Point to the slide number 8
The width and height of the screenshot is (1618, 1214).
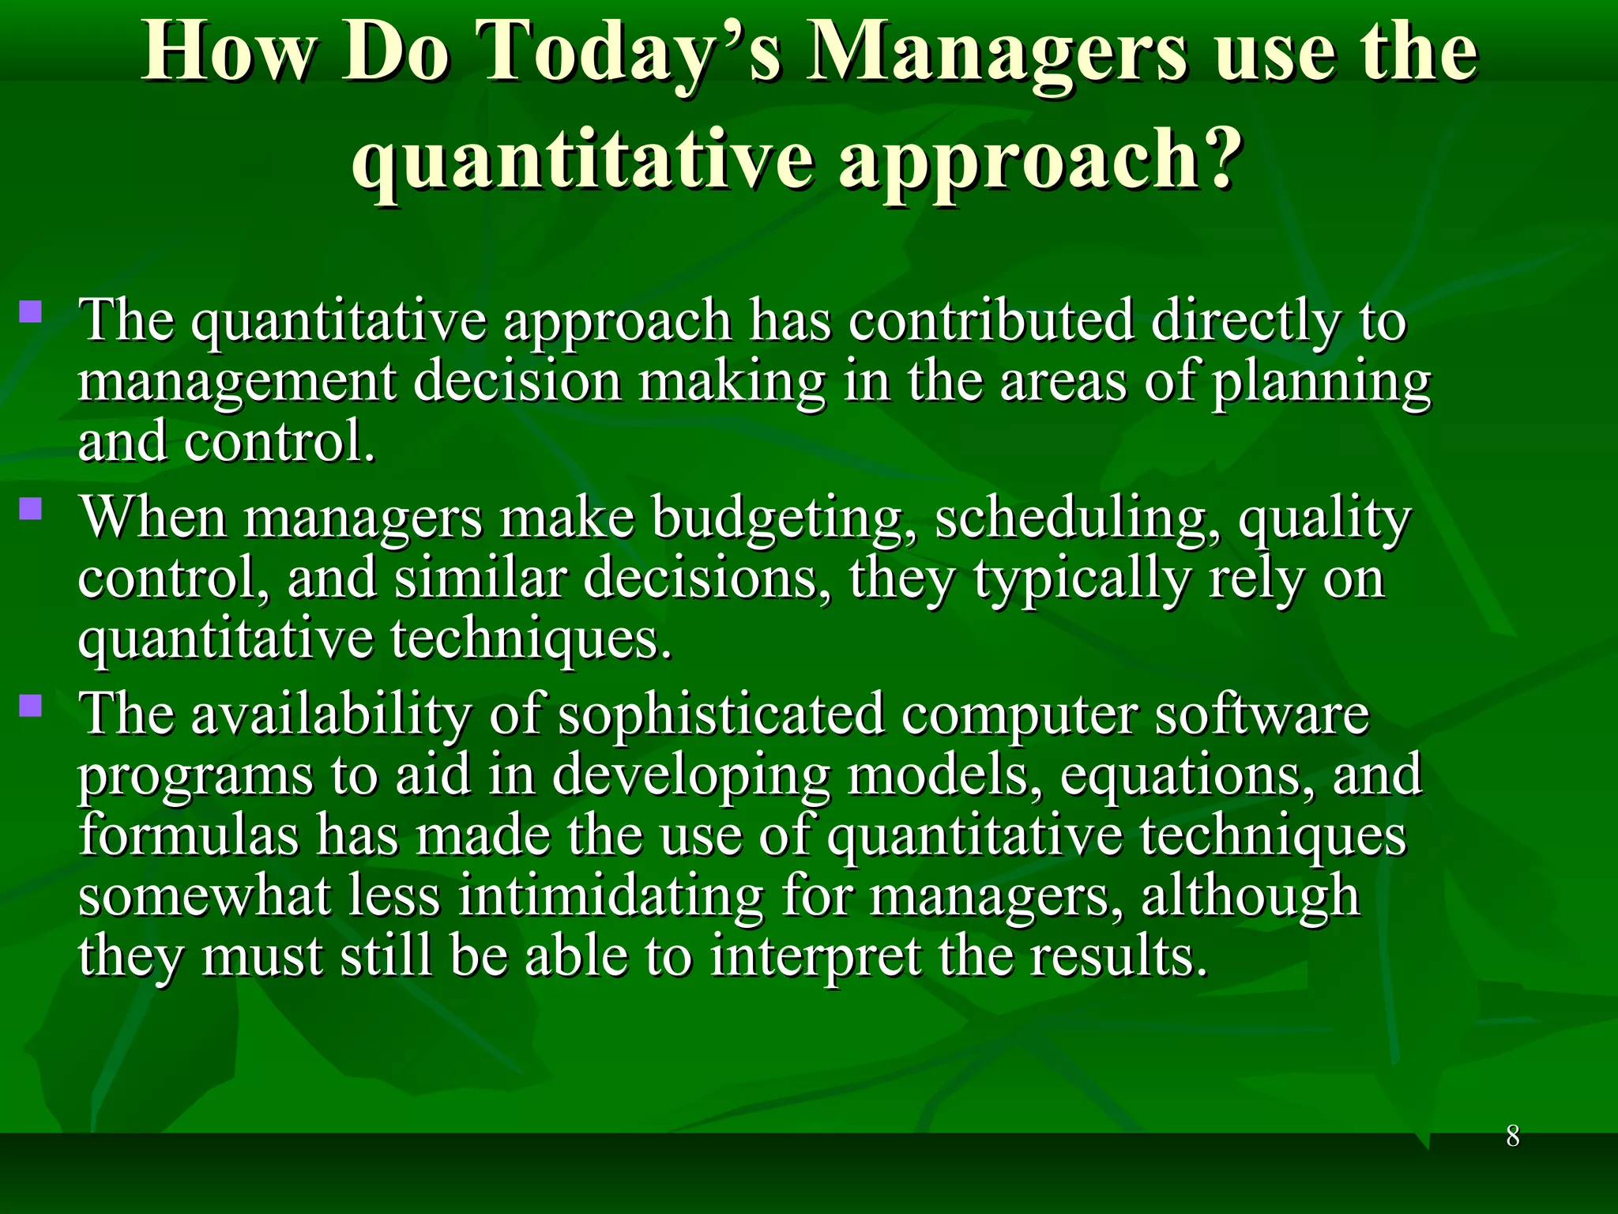pos(1512,1137)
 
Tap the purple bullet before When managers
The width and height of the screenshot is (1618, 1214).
pos(31,507)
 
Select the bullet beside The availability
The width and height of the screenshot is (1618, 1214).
pos(31,704)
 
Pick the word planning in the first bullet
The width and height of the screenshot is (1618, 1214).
pos(1321,384)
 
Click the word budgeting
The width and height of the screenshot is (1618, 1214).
pos(777,520)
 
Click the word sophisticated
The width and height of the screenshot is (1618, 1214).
pos(721,714)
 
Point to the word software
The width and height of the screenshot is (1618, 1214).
pos(1262,714)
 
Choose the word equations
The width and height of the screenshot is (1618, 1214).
pos(1187,776)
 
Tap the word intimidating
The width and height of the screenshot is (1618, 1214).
pos(611,896)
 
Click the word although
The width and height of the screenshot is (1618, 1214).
pos(1250,896)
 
